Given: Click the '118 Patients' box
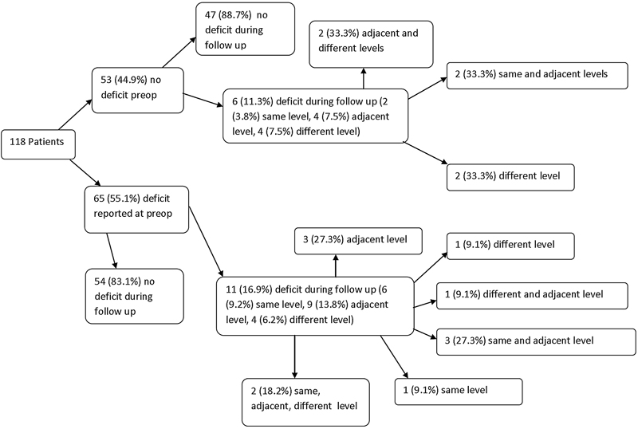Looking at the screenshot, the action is [x=38, y=144].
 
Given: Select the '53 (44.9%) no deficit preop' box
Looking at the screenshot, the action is [x=137, y=90].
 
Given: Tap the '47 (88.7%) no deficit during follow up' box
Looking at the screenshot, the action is [x=245, y=29].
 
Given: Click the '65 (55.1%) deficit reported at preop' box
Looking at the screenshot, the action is [x=136, y=210].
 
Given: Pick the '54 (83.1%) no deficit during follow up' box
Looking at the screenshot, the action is [x=134, y=297].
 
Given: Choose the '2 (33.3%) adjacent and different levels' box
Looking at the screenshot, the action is [x=371, y=45].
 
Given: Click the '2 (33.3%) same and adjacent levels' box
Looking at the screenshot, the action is [x=537, y=76].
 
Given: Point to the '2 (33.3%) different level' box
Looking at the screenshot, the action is [x=510, y=178].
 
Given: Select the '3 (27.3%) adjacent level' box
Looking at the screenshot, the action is [x=358, y=242].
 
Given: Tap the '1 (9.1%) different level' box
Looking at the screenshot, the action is [x=510, y=246].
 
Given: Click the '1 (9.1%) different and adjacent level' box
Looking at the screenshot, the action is [x=532, y=296].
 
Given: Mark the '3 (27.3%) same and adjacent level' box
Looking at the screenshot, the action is [x=536, y=342].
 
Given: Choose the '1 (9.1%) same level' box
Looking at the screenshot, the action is [x=459, y=392].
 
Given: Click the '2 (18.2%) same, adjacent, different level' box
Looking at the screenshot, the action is [x=305, y=402].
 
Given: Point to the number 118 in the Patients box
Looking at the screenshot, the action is [x=18, y=142].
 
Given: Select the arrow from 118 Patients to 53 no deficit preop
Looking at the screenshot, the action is [x=76, y=115].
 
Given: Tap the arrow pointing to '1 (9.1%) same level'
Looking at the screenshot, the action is [x=394, y=357].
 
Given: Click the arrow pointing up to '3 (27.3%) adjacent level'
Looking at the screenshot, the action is [x=336, y=266].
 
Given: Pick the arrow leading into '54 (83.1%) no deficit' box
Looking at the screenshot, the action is [x=112, y=250].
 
